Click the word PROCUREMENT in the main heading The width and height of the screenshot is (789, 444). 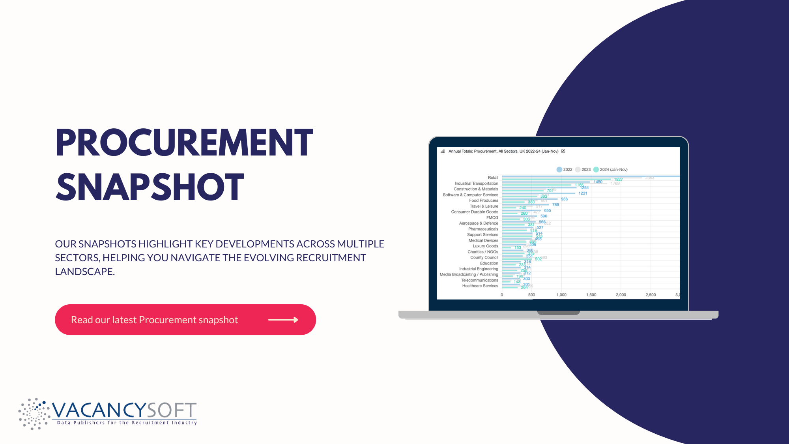click(184, 142)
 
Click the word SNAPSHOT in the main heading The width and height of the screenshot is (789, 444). click(150, 187)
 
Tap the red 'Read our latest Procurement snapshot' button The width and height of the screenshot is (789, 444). click(185, 320)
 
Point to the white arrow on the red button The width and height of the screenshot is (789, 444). click(283, 320)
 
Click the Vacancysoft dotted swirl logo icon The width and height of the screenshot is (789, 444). click(34, 414)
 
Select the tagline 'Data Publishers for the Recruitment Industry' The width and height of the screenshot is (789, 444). click(127, 423)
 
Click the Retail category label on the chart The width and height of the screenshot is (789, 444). click(493, 178)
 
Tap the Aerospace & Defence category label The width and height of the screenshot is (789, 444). click(479, 223)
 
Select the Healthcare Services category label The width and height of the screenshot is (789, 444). click(480, 286)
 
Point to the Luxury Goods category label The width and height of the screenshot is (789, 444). click(485, 246)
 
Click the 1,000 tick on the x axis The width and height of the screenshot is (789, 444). click(561, 295)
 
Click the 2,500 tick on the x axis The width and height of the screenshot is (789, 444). click(651, 295)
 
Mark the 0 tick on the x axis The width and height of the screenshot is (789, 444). click(502, 295)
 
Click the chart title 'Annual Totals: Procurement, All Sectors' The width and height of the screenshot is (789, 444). click(503, 151)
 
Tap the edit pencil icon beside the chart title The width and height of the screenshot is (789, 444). click(563, 151)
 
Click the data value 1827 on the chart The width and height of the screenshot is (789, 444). click(618, 180)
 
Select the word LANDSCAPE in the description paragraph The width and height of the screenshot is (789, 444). click(84, 272)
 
